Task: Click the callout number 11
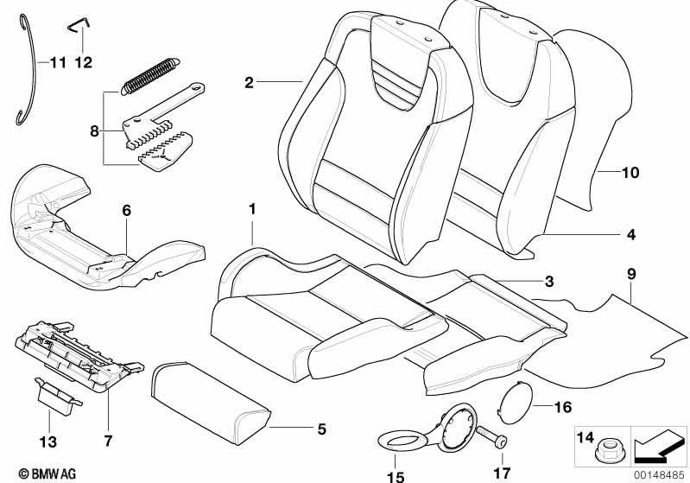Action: point(57,62)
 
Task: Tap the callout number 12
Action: point(84,62)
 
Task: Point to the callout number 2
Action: point(249,83)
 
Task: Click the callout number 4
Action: point(630,234)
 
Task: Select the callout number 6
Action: point(126,210)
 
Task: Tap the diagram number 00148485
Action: point(659,473)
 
